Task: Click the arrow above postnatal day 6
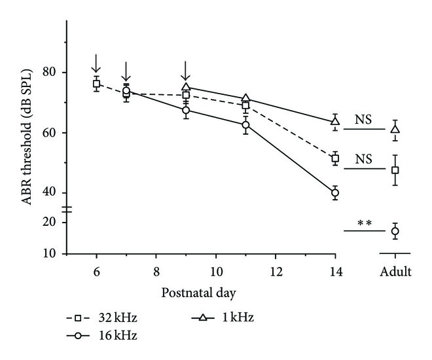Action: pos(96,63)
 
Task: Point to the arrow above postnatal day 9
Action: pos(186,69)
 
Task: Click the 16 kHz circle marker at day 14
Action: pos(335,193)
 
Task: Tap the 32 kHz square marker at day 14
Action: pos(335,158)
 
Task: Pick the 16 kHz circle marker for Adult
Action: pos(395,231)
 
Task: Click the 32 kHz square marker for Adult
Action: pos(395,170)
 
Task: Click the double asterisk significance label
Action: pos(365,223)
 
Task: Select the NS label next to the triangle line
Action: pos(365,120)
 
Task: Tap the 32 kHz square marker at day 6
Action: pos(96,84)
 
